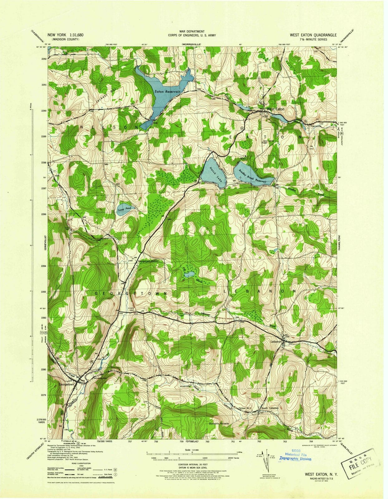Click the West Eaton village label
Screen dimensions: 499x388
click(x=275, y=109)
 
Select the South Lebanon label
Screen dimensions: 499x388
click(x=270, y=408)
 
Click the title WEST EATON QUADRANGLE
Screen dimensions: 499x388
click(x=313, y=35)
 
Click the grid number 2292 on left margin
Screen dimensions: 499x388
click(x=44, y=59)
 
